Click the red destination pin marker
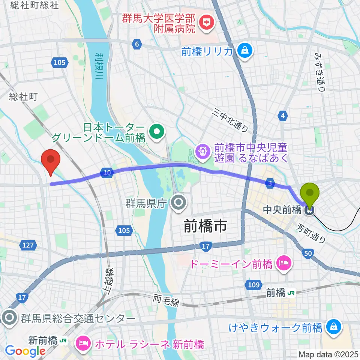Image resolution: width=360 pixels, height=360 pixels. (x=52, y=160)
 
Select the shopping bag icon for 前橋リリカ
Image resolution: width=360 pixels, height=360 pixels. (x=244, y=51)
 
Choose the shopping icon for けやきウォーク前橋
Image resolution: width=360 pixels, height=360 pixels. (x=333, y=328)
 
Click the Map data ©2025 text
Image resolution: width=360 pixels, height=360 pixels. (x=328, y=354)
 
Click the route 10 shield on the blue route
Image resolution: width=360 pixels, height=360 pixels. (x=107, y=173)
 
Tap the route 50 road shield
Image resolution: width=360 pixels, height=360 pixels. (x=308, y=254)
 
